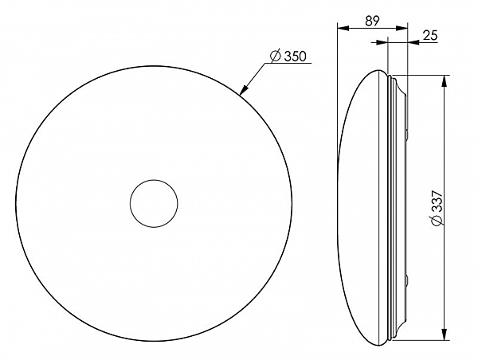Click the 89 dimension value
pos(372,21)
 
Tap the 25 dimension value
pos(430,35)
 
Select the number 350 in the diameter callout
pos(295,57)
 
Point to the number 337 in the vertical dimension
pos(437,202)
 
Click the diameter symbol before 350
pos(276,56)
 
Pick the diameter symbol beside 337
pos(437,221)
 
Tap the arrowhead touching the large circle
pos(244,90)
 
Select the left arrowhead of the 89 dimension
pos(343,28)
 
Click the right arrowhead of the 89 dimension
pos(402,28)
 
